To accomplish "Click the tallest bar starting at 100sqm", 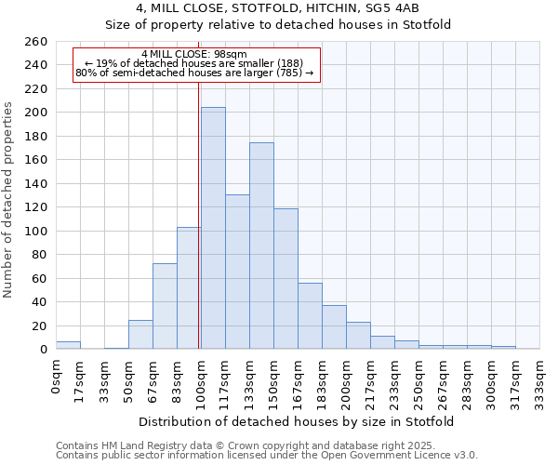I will (213, 228).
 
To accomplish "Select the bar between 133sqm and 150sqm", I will (261, 246).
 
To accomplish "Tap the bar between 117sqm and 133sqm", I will (237, 272).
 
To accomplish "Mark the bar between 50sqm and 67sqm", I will (140, 334).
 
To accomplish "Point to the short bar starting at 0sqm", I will (68, 345).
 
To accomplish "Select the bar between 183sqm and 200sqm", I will (334, 326).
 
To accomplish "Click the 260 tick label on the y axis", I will (35, 42).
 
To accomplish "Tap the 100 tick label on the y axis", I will (35, 231).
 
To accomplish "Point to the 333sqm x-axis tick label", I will (539, 381).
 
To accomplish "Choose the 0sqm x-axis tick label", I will (57, 377).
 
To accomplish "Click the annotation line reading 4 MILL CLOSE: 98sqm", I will (194, 55).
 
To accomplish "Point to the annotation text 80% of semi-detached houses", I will (194, 73).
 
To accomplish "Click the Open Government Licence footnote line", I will (267, 455).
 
